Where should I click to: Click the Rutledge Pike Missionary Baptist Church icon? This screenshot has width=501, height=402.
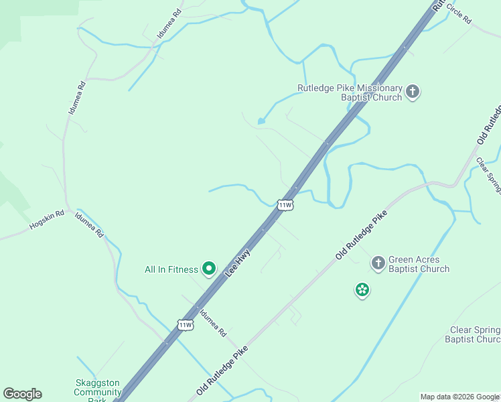point(413,92)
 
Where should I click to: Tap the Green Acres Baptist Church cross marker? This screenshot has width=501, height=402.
point(378,263)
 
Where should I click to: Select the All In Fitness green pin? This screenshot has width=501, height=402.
point(208,269)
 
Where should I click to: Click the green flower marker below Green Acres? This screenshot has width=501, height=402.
point(362,289)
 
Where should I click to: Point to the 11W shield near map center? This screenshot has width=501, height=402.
point(285,205)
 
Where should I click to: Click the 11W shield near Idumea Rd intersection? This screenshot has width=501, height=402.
point(186,325)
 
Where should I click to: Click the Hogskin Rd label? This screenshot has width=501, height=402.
point(46,220)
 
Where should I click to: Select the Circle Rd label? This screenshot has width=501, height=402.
point(459,13)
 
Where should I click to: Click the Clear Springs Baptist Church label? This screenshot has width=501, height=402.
point(473,334)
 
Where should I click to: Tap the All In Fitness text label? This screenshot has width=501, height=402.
point(171,270)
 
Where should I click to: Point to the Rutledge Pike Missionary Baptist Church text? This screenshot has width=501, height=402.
point(350,92)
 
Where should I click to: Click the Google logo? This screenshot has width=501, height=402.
point(22,394)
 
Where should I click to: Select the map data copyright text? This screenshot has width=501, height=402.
point(460,397)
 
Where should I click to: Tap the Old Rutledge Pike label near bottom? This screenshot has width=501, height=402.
point(222,370)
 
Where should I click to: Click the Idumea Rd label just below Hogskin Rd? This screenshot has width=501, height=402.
point(89,224)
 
